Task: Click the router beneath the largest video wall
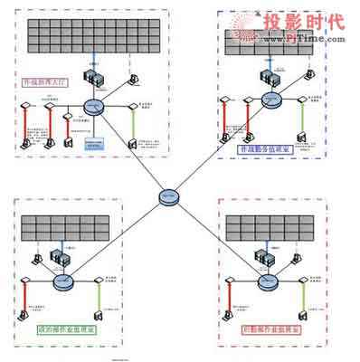pos(91,106)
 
